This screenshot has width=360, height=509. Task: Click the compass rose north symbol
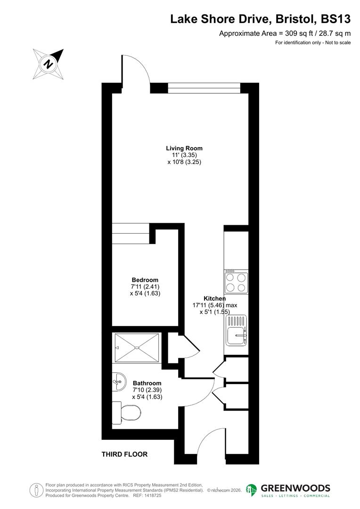coord(48,64)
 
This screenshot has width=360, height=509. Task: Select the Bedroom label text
coord(145,280)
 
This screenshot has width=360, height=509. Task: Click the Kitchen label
coord(214,298)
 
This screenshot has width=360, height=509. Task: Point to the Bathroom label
coord(147,383)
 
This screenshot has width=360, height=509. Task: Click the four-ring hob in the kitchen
coord(237,282)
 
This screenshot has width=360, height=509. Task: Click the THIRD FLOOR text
coord(124,454)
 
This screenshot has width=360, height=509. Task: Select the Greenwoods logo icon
coord(252,490)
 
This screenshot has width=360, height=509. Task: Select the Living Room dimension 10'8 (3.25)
coord(188,162)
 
